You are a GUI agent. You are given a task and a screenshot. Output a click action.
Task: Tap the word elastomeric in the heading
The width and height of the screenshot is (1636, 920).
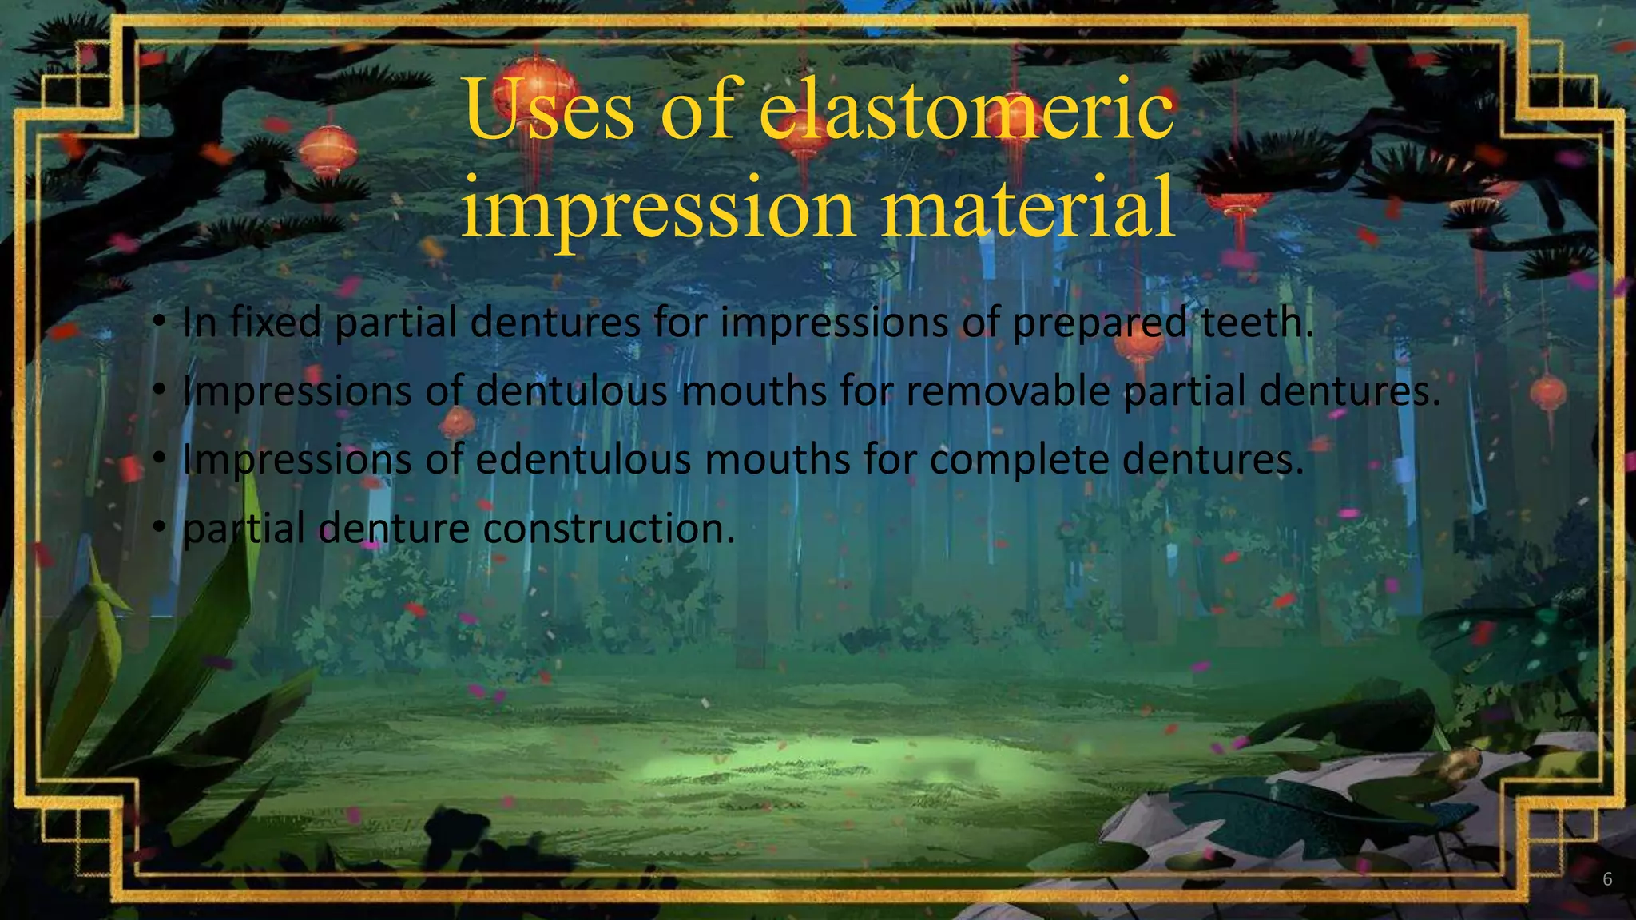967,110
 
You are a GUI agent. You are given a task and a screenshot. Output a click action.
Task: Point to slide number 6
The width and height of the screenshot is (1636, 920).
1607,879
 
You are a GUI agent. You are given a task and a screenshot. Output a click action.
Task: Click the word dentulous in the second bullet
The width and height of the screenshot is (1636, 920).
572,391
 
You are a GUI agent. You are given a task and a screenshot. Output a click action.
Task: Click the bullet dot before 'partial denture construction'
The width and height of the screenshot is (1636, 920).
160,527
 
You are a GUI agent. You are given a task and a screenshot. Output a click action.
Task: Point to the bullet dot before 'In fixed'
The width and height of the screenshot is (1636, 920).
160,322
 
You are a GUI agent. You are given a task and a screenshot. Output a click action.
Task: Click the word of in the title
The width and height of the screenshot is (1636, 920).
697,110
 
